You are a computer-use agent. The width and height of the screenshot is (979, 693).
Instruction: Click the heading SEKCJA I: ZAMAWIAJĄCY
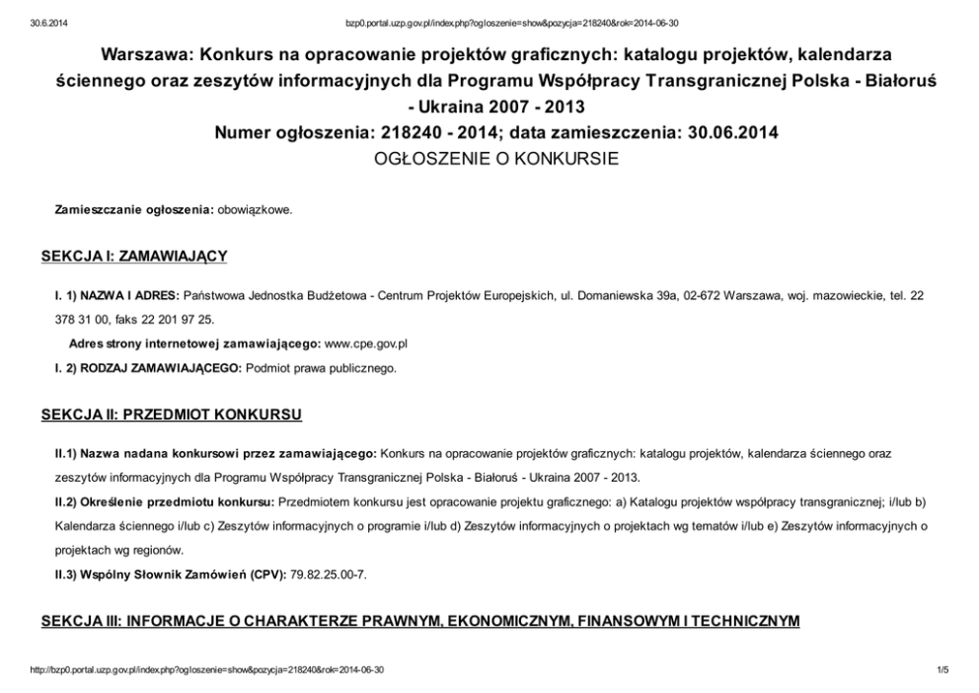click(134, 257)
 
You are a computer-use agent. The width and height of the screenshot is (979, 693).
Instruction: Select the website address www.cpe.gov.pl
click(366, 344)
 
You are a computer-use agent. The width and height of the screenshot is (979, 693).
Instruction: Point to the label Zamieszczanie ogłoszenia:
click(134, 209)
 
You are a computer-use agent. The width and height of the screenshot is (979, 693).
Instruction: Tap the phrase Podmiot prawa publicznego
click(321, 368)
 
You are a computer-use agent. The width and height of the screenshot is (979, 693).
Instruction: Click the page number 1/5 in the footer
click(941, 670)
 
